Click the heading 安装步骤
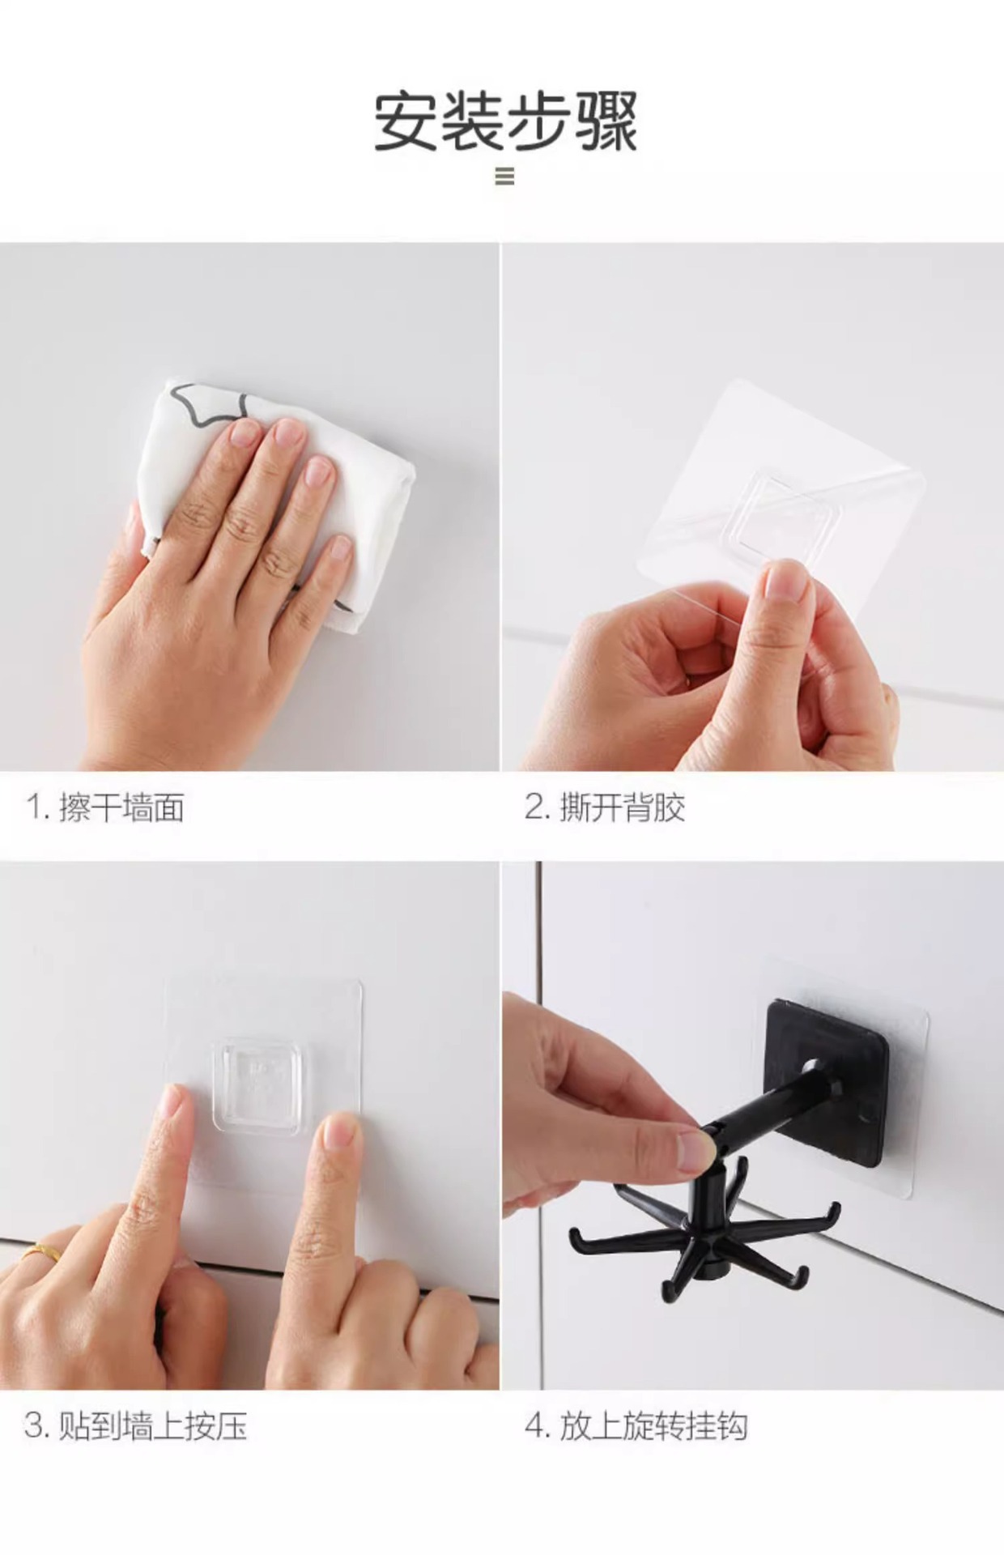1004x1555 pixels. coord(505,121)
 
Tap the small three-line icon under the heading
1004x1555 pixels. coord(504,176)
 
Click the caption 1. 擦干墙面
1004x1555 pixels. coord(105,807)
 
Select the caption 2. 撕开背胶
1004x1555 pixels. coord(605,807)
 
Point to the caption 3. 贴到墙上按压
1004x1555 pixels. coord(136,1425)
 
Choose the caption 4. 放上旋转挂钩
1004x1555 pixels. coord(636,1425)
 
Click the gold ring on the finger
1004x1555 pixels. coord(42,1254)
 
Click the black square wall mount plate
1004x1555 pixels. coord(826,1069)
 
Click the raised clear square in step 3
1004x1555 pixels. coord(257,1085)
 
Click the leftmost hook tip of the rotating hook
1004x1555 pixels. coord(576,1236)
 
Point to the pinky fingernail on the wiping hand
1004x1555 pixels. coord(341,549)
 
